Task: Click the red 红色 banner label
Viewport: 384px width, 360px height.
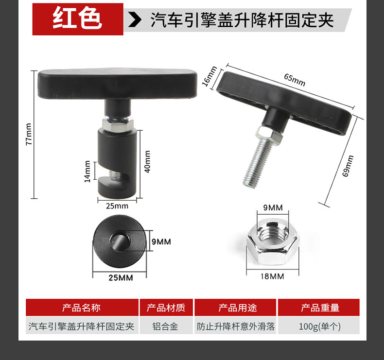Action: tap(78, 19)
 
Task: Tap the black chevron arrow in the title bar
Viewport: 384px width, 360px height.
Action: tap(135, 20)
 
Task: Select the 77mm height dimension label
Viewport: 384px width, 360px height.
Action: tap(29, 134)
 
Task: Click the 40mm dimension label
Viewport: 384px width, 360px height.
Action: tap(147, 161)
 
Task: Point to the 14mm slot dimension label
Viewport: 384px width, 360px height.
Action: tap(87, 171)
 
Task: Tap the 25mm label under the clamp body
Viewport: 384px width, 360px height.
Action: tap(117, 206)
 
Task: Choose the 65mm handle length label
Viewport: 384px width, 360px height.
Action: tap(295, 80)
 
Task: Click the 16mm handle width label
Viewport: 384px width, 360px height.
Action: tap(209, 76)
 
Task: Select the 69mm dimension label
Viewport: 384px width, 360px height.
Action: tap(348, 166)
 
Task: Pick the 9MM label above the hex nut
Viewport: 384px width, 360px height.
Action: tap(273, 207)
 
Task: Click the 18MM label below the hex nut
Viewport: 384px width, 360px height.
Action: tap(272, 276)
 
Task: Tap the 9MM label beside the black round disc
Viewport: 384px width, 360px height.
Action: tap(161, 241)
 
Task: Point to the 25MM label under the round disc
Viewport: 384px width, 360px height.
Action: tap(121, 278)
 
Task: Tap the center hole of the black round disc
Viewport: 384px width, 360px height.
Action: tap(119, 240)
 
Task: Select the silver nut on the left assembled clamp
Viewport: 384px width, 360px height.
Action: tap(118, 124)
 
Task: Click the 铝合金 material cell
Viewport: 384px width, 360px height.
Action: tap(165, 326)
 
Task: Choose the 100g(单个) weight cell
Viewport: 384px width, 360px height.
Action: tap(319, 326)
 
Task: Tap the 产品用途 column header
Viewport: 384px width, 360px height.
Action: tap(237, 308)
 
